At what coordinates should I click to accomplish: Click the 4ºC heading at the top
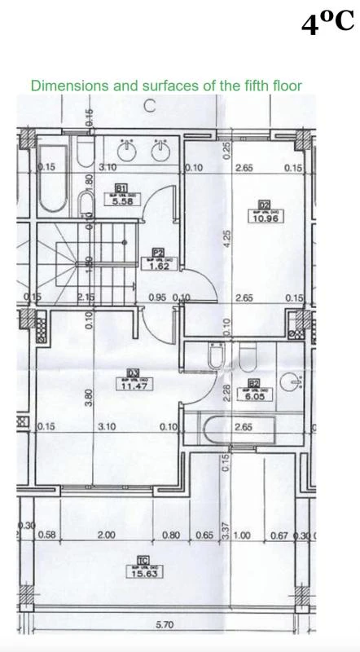click(x=327, y=24)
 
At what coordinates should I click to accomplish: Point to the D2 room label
click(x=263, y=205)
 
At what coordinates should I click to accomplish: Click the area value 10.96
click(x=265, y=218)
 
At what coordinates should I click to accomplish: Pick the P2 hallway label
click(x=159, y=252)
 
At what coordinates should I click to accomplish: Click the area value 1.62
click(x=159, y=266)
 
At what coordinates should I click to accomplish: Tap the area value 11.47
click(x=133, y=386)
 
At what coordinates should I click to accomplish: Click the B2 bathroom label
click(x=253, y=383)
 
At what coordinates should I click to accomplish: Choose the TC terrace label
click(x=143, y=560)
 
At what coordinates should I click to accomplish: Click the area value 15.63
click(x=143, y=573)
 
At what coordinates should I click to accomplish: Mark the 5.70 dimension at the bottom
click(x=165, y=626)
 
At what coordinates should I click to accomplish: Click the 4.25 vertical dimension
click(x=227, y=238)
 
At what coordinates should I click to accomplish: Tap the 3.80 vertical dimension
click(x=89, y=397)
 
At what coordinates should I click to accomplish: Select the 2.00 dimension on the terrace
click(x=106, y=535)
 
